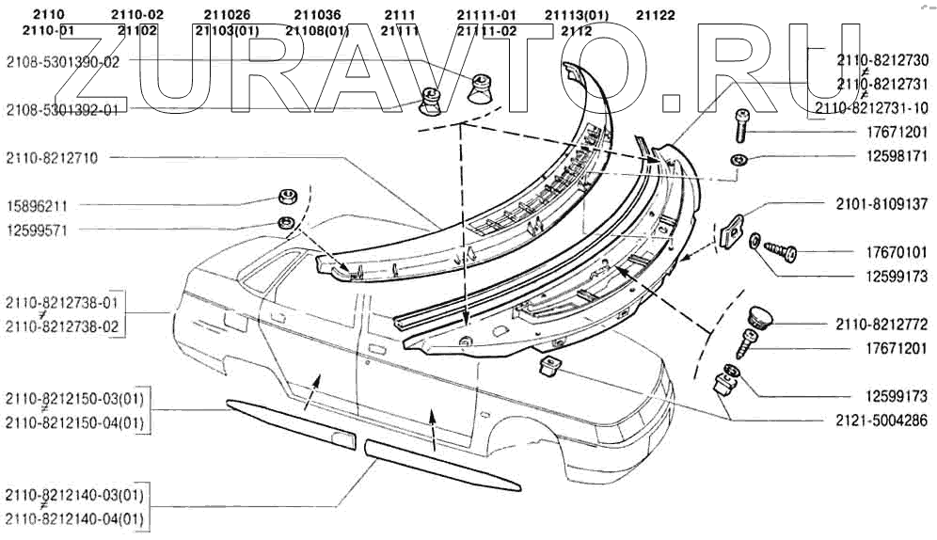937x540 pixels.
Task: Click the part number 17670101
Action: tap(893, 252)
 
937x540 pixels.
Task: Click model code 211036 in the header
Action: tap(317, 15)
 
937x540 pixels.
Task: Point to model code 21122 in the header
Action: tap(655, 15)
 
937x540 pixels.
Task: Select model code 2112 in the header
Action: tap(576, 30)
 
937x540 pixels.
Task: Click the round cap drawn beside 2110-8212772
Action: tap(759, 315)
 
